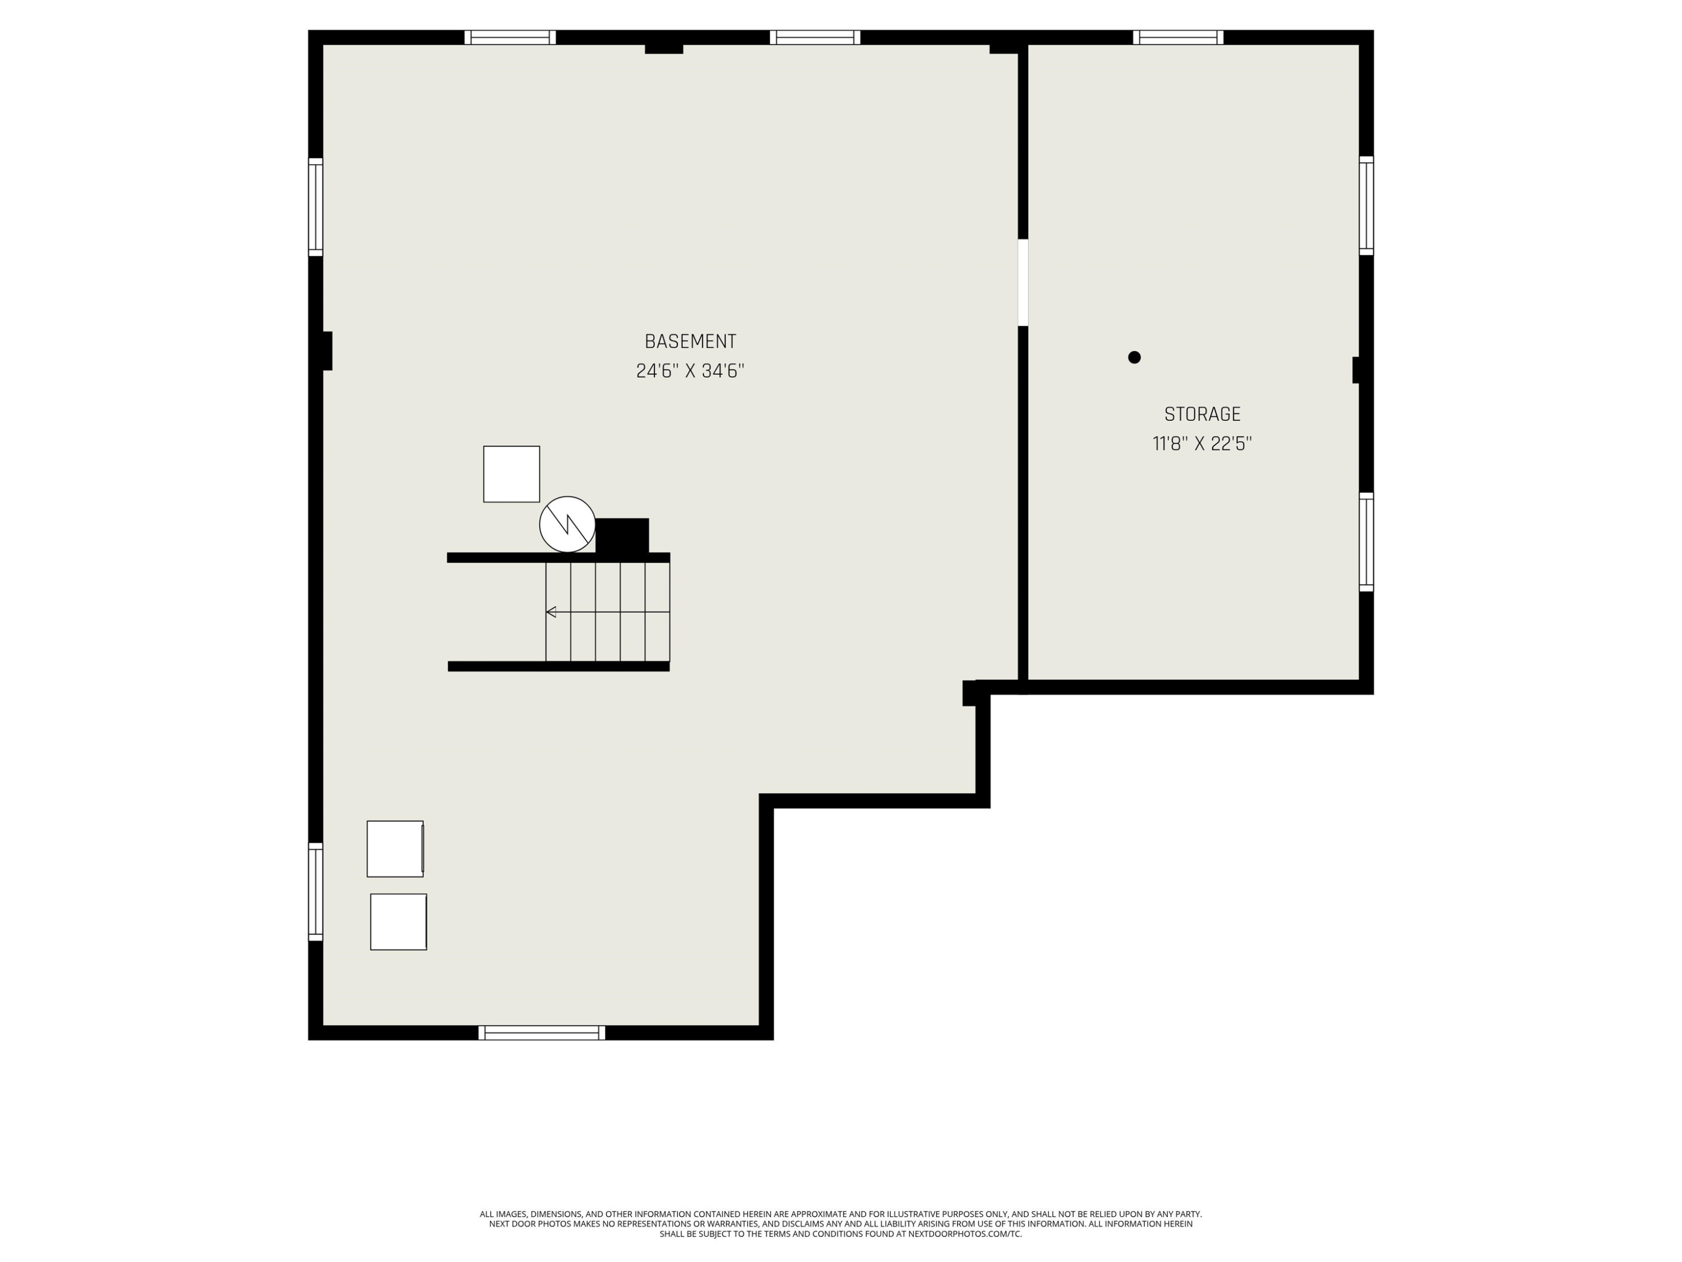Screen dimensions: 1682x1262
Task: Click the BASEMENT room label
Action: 690,342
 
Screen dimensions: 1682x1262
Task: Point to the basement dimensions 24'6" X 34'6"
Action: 690,371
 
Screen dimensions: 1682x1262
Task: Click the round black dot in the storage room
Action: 1135,357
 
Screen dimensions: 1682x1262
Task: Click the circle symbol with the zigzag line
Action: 567,524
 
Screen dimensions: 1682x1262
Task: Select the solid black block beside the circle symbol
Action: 622,536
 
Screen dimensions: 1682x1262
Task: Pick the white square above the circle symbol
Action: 512,474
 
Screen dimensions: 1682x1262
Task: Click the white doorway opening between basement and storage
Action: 1023,282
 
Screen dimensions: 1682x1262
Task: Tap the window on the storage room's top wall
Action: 1178,37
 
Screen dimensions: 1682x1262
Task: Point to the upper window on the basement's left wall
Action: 316,207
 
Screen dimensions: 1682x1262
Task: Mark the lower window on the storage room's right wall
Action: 1366,542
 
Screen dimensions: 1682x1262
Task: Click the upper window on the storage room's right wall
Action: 1366,205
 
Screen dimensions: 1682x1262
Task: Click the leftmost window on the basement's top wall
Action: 510,37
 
